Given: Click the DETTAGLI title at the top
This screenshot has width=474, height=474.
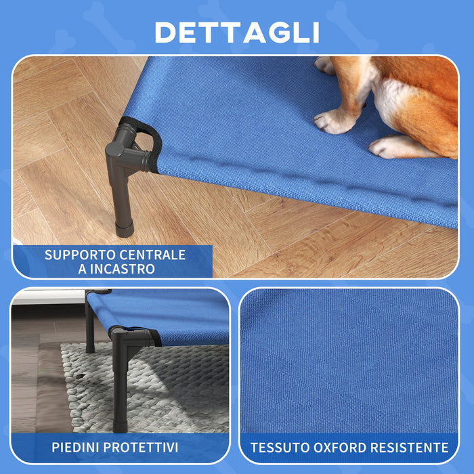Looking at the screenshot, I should [236, 32].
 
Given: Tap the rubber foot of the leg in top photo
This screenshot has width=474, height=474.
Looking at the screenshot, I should [123, 226].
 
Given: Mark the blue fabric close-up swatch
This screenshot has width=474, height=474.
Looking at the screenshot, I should [348, 359].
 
